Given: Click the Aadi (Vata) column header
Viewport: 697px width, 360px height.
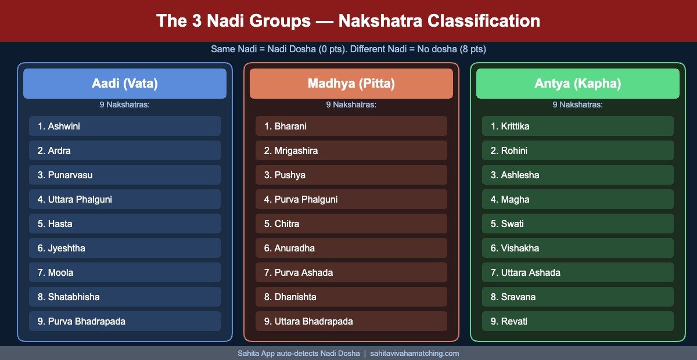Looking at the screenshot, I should coord(125,84).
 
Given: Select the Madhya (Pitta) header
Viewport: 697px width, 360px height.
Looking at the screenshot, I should coord(351,84).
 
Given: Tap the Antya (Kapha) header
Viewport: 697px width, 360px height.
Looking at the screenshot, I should coord(578,84).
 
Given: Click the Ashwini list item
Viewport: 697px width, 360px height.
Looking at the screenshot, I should coord(125,126).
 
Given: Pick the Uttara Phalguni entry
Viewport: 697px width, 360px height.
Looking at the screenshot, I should coord(125,199).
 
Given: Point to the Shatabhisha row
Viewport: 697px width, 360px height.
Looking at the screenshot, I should coord(125,297).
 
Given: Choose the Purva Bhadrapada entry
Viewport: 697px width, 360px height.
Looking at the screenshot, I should coord(125,321).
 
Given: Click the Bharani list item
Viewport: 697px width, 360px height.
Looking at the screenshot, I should coord(351,126).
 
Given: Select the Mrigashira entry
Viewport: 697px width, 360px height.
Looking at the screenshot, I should coord(351,150).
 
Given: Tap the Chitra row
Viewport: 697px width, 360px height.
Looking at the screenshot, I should coord(351,224).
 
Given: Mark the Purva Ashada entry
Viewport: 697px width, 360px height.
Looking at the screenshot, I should coord(351,272).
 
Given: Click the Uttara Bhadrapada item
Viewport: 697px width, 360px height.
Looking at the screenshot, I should coord(351,321).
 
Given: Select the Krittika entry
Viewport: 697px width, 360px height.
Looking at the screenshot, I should coord(578,126).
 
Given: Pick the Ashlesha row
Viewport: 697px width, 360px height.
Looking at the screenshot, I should coord(578,175).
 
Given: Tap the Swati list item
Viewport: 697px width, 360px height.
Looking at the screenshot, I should coord(578,224).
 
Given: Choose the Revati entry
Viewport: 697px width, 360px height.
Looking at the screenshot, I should coord(578,321).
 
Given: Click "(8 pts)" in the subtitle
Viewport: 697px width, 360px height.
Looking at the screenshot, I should coord(473,49).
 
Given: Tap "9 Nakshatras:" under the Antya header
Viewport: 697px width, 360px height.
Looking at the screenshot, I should coord(577,105).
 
